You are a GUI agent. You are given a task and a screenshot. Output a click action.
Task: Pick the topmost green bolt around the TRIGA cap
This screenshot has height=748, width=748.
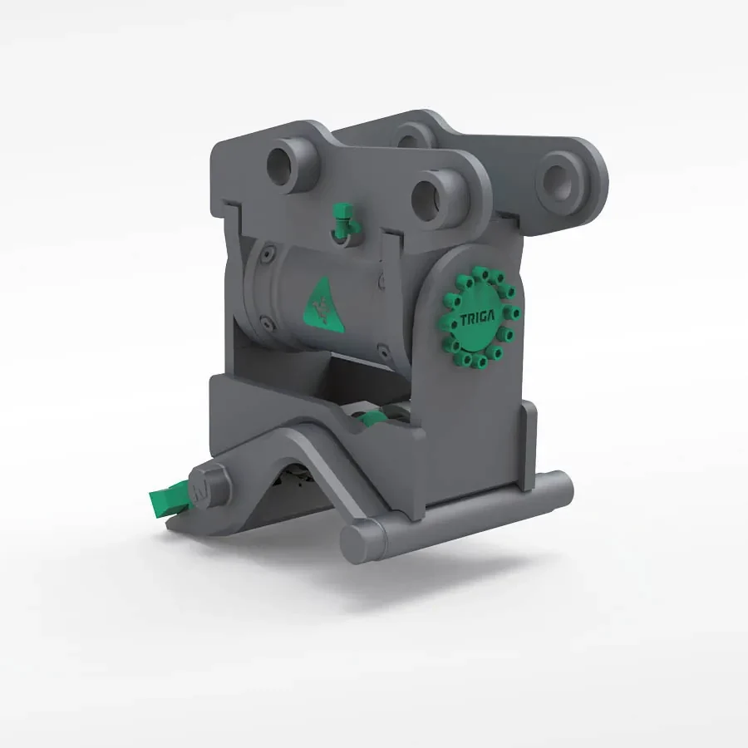click(480, 270)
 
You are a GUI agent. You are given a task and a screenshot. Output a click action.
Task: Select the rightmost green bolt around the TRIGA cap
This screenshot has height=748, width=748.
click(516, 313)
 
